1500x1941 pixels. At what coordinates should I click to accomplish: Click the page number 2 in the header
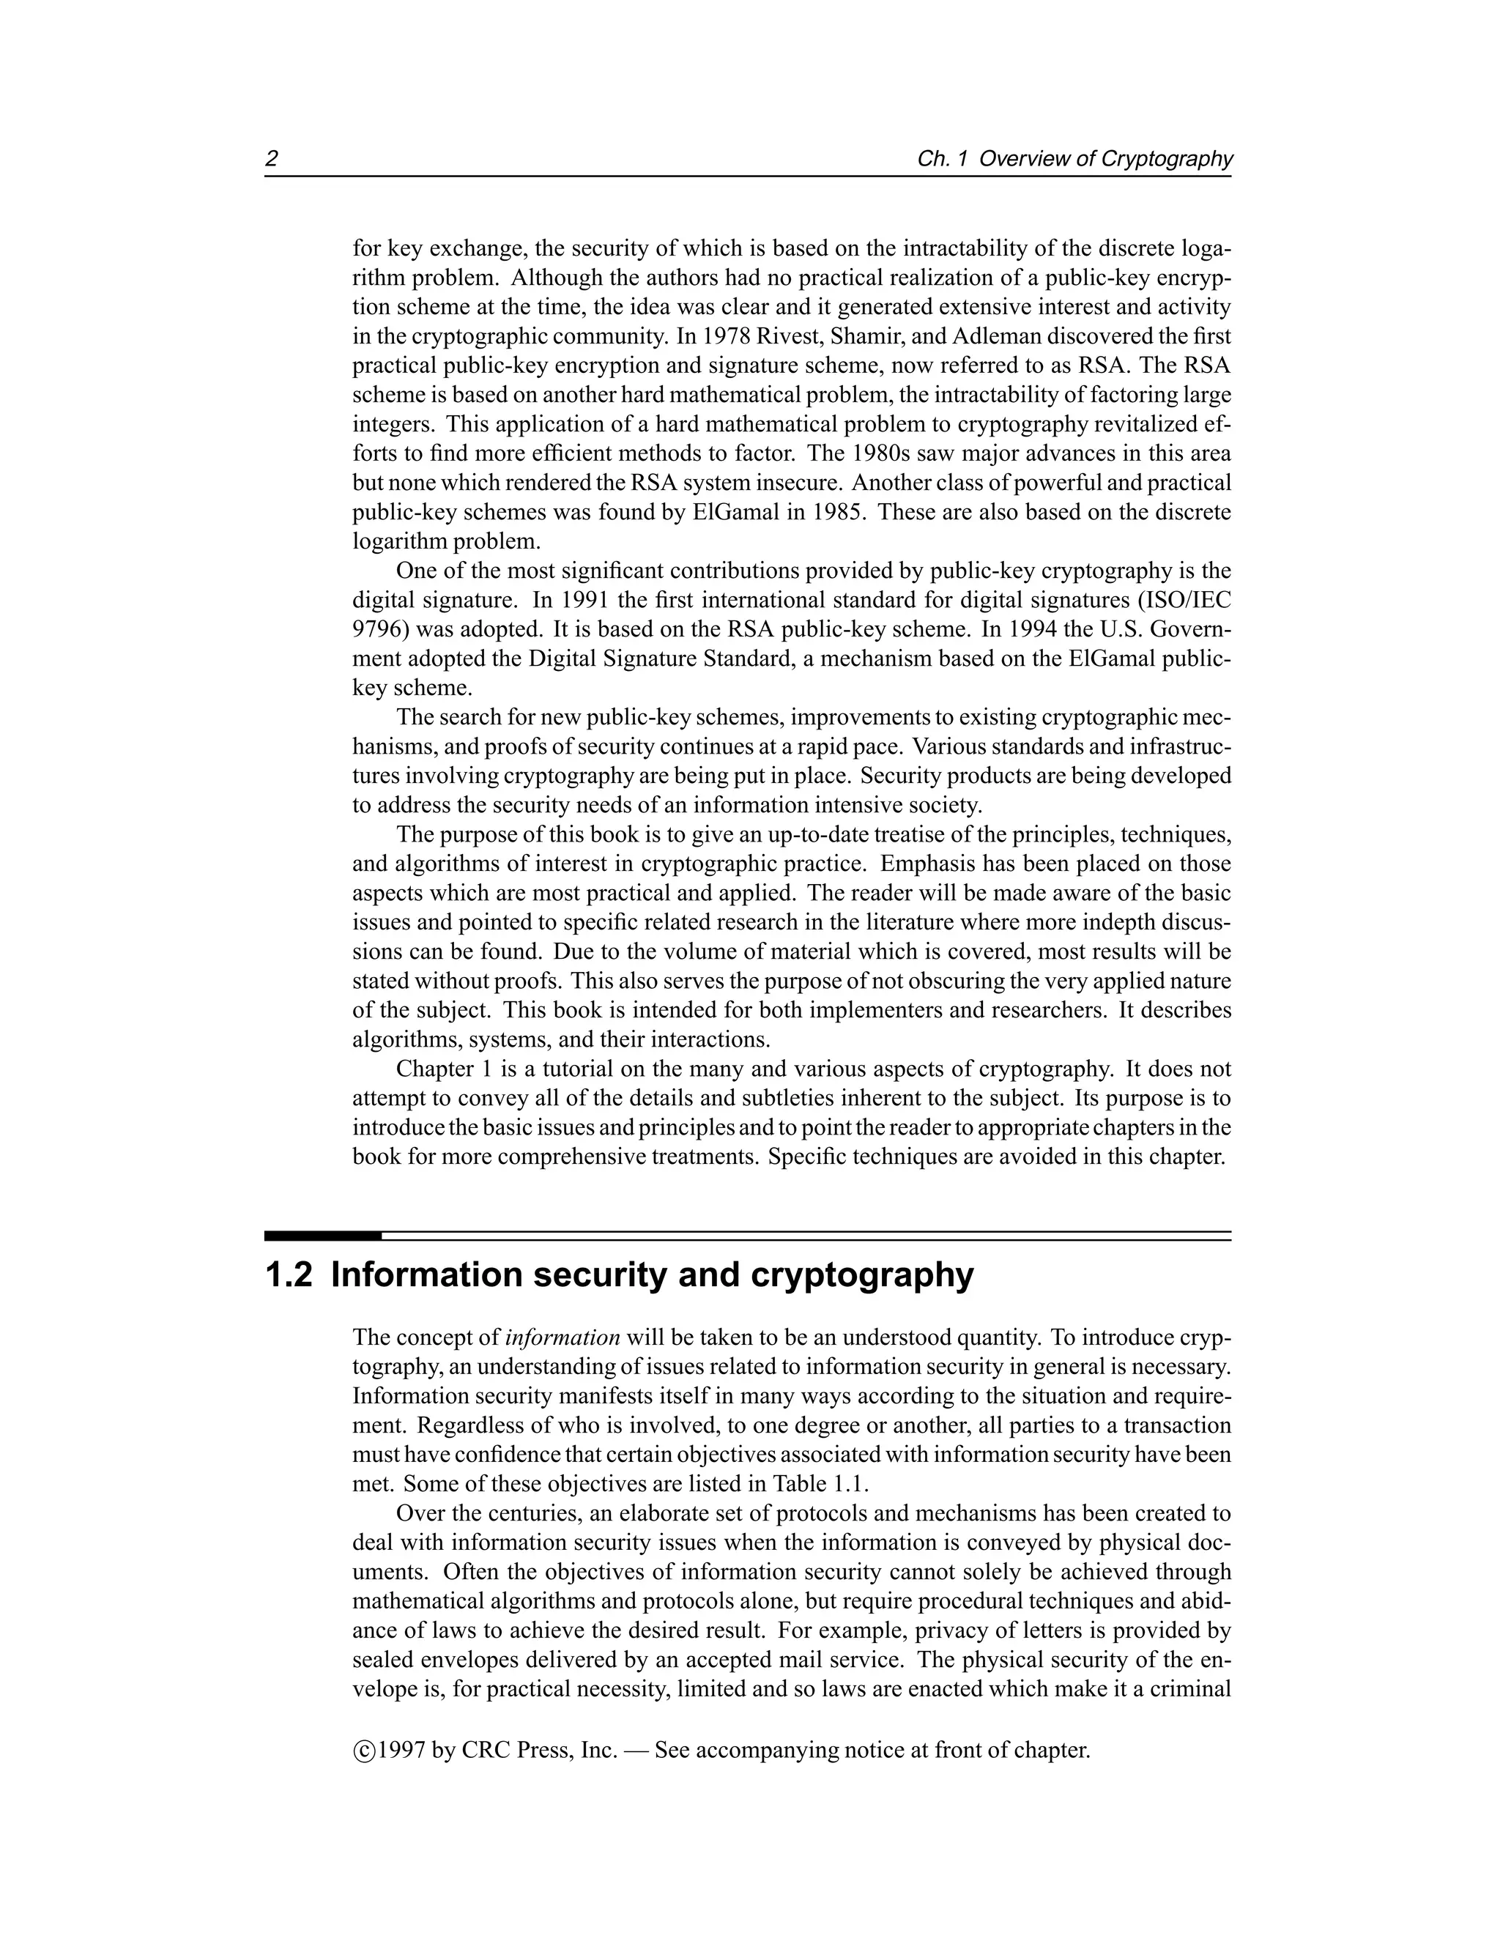tap(272, 159)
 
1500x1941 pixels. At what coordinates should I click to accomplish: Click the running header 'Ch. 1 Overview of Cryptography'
tap(1074, 159)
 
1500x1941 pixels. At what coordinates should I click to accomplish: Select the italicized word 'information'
tap(562, 1337)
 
